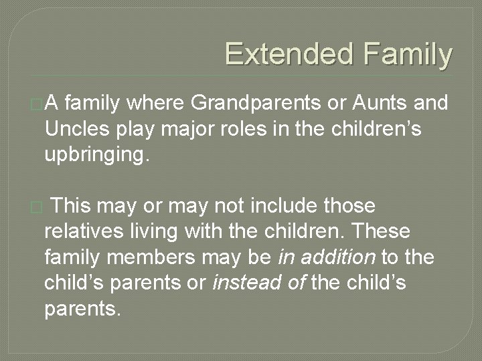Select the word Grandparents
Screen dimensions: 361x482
click(257, 103)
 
